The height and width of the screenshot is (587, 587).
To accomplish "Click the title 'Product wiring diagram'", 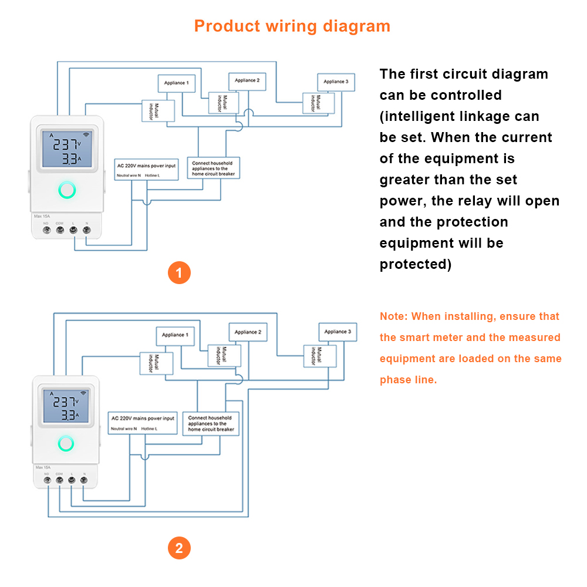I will pyautogui.click(x=292, y=26).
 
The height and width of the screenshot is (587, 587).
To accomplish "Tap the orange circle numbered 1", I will pyautogui.click(x=179, y=273).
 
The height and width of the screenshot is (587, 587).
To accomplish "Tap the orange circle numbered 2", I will pyautogui.click(x=179, y=548).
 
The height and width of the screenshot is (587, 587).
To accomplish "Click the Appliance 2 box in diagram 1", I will pyautogui.click(x=247, y=81).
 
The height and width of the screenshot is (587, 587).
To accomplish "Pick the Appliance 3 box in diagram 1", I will pyautogui.click(x=336, y=82).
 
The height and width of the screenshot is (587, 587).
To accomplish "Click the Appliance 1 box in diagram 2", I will pyautogui.click(x=174, y=335).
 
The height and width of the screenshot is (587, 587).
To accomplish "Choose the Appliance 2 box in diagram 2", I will pyautogui.click(x=248, y=332).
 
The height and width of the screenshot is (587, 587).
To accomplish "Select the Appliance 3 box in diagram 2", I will pyautogui.click(x=338, y=332).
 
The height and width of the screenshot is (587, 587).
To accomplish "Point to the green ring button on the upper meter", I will pyautogui.click(x=67, y=190).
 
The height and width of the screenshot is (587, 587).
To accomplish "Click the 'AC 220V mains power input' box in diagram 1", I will pyautogui.click(x=146, y=169).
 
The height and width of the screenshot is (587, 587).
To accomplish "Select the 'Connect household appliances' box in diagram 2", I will pyautogui.click(x=211, y=423).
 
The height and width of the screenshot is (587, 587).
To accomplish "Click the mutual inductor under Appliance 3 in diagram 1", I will pyautogui.click(x=318, y=103).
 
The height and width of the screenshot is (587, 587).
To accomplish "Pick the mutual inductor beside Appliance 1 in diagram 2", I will pyautogui.click(x=156, y=363).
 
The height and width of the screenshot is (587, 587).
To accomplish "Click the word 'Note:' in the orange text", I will pyautogui.click(x=393, y=316).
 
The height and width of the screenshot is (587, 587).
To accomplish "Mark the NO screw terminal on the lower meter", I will pyautogui.click(x=46, y=480).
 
